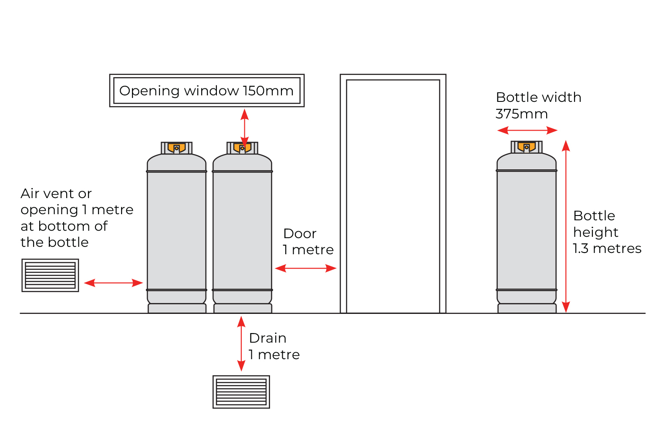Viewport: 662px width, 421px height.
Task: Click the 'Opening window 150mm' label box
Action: coord(206,91)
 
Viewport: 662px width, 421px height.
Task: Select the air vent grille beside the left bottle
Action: coord(51,275)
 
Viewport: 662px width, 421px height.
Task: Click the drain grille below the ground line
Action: coord(241,392)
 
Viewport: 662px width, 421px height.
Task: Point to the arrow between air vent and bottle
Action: coord(113,283)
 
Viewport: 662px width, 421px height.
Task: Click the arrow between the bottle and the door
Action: coord(306,268)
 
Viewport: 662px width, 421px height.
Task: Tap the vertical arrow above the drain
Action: coord(241,344)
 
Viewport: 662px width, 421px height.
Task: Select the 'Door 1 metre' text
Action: coord(308,242)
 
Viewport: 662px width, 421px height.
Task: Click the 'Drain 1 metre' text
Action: coord(274,346)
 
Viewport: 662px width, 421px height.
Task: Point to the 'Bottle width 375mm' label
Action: coord(538,105)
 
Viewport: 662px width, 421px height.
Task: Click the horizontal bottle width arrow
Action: coord(527,130)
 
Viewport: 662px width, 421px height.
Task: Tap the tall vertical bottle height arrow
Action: coord(566,226)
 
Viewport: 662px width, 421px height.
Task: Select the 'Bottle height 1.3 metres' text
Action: coord(607,232)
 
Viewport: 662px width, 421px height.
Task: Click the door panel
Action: coord(393,196)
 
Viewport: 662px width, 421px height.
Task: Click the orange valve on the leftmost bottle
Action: coord(176,148)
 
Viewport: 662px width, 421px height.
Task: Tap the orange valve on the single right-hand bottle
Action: coord(527,147)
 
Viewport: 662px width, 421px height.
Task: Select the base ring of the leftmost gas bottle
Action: coord(177,308)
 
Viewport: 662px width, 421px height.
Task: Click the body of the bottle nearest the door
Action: coord(242,231)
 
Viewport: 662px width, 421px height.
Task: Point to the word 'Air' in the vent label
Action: coord(30,193)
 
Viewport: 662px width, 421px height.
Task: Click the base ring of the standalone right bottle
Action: coord(527,308)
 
